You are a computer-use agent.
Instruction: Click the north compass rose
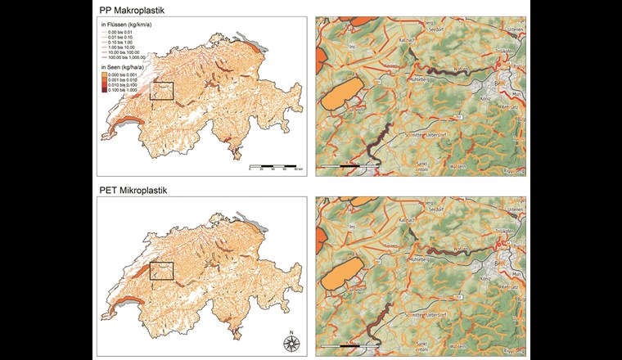point(291,341)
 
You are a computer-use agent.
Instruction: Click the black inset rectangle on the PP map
point(162,91)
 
